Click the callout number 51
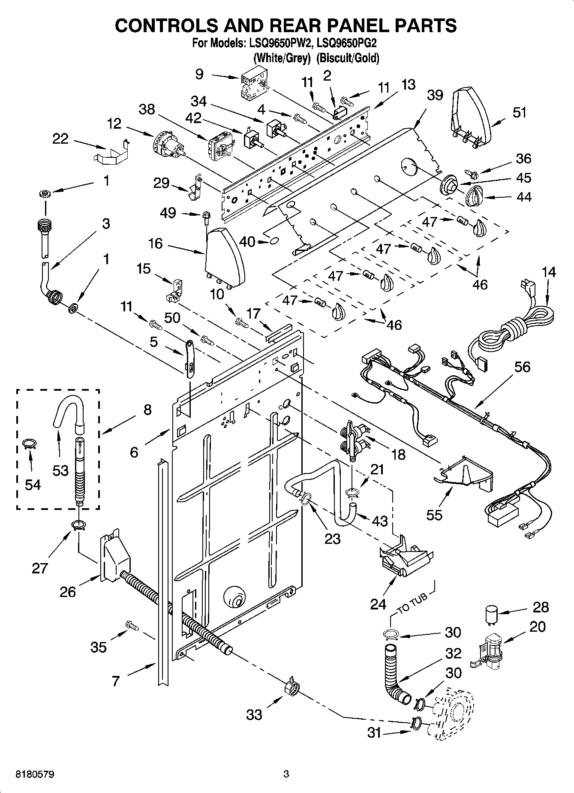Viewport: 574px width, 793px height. tap(519, 112)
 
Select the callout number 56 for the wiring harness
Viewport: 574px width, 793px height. tap(523, 367)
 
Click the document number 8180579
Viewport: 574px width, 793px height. tap(35, 775)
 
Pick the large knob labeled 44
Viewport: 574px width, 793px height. tap(475, 197)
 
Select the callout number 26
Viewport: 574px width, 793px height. tap(68, 592)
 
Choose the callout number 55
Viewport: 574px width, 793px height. tap(434, 514)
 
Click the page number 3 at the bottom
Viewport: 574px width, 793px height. tap(286, 775)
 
